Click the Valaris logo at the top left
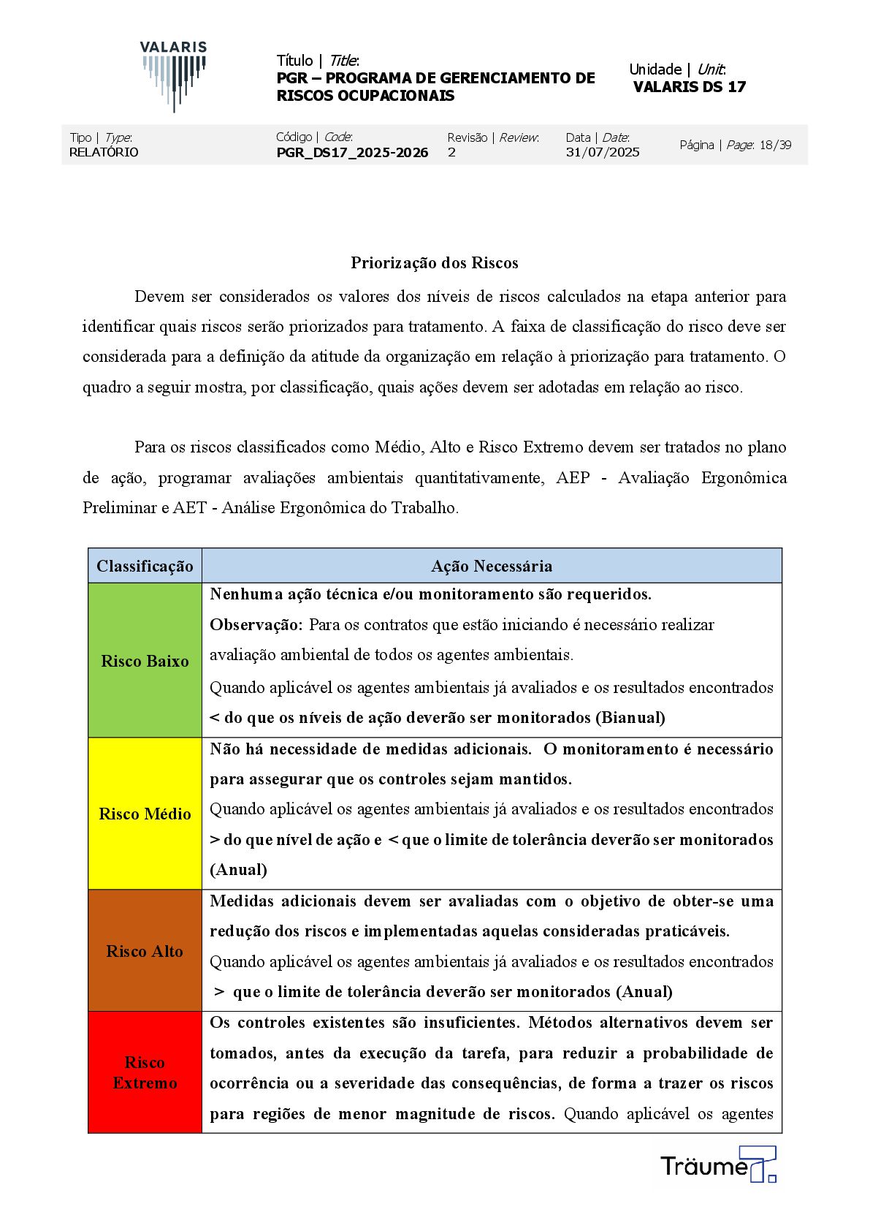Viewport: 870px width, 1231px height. [174, 76]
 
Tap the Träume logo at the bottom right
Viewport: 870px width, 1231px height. [718, 1164]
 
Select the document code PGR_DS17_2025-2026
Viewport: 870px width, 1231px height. [352, 153]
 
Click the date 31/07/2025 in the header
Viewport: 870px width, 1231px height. [603, 152]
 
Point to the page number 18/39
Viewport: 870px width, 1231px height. [775, 145]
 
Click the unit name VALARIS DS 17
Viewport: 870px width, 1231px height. [690, 87]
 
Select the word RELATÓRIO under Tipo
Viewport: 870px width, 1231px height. [104, 152]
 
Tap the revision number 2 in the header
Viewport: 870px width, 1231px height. [451, 152]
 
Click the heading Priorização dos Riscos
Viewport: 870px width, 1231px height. [435, 262]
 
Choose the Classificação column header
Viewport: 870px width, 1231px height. [145, 566]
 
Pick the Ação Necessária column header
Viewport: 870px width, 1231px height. [492, 566]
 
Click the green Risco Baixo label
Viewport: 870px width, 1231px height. [145, 661]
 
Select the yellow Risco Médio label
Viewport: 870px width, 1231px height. [145, 814]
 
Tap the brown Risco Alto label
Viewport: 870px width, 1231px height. [145, 951]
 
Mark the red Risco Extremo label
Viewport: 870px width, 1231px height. [145, 1072]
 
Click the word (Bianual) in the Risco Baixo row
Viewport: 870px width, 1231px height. [630, 718]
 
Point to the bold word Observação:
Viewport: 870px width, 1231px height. [256, 625]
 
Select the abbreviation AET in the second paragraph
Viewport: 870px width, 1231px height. [190, 508]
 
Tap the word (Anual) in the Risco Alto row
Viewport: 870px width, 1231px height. [644, 992]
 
